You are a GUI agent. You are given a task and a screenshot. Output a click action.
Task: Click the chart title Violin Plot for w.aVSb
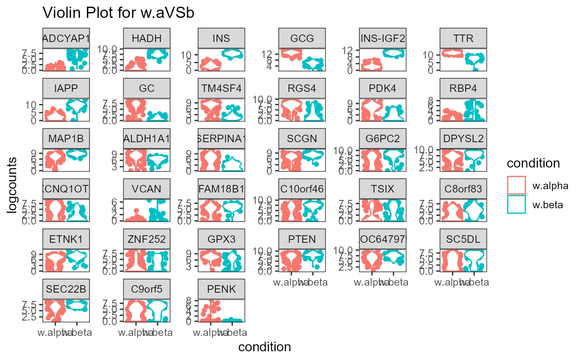pyautogui.click(x=118, y=13)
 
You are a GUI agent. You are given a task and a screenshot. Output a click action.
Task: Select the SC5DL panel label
pyautogui.click(x=464, y=239)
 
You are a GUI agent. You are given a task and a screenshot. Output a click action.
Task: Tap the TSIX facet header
pyautogui.click(x=383, y=190)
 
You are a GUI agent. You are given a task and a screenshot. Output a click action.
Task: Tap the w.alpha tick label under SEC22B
pyautogui.click(x=50, y=333)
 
